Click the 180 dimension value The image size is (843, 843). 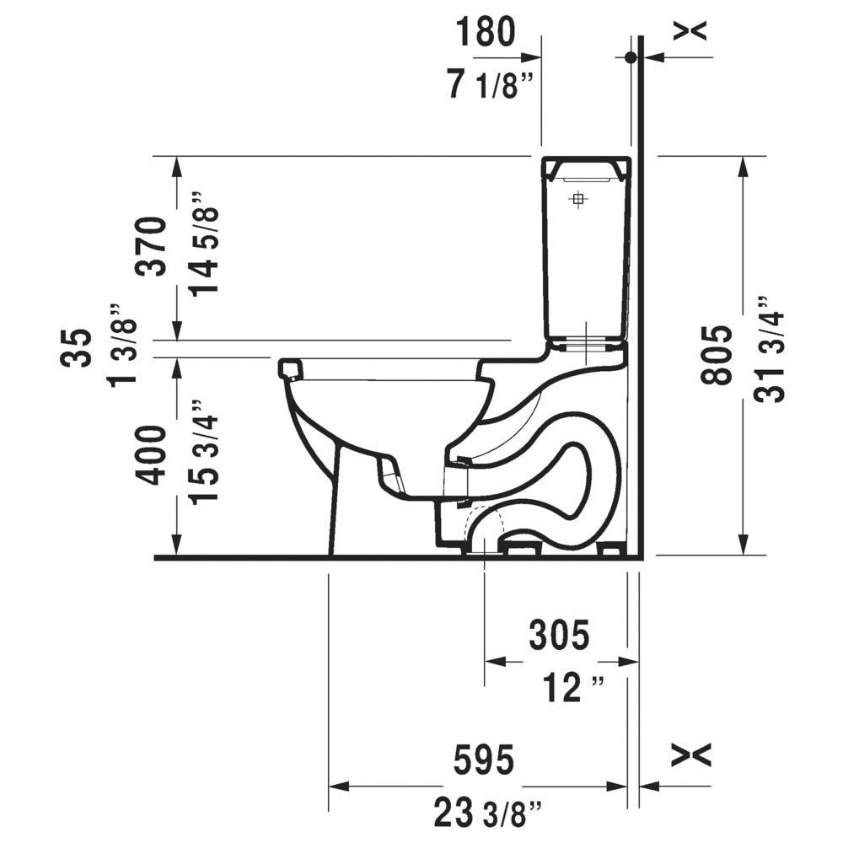point(486,33)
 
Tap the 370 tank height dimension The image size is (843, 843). point(150,246)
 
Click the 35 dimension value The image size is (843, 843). point(75,348)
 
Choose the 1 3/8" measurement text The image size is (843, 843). point(122,345)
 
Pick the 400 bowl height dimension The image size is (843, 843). point(150,455)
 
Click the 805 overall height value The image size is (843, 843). point(717,355)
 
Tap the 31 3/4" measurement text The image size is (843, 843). point(770,350)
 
